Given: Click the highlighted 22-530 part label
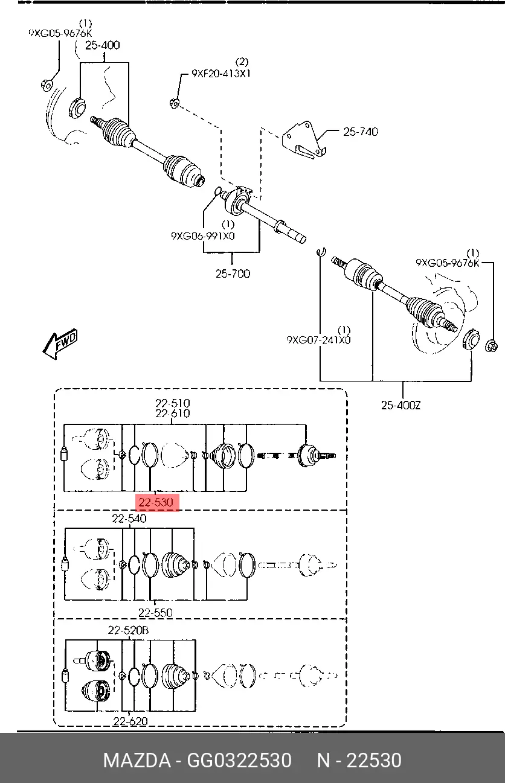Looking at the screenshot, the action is point(156,503).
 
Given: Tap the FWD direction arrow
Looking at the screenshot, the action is point(60,344).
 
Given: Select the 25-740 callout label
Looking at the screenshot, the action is point(361,132).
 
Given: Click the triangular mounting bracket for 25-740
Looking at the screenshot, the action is point(304,140).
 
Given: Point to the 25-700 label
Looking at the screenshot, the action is point(233,273).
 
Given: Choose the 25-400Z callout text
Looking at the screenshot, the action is point(400,406).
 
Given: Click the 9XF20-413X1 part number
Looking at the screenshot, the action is point(221,74).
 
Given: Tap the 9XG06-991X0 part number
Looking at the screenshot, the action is point(203,236).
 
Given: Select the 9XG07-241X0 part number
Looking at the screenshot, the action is point(318,340).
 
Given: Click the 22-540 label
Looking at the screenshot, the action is point(129,519).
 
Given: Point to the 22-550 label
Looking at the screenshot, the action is point(156,613).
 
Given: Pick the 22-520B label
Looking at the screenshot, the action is point(128,630).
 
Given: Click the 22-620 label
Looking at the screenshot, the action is point(130,721).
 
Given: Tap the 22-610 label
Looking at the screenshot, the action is point(173,414).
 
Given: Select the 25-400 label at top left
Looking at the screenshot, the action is point(103,45).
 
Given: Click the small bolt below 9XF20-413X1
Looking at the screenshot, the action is point(174,103).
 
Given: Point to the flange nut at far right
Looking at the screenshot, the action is point(491,346).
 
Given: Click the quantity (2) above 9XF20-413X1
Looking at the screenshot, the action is point(242,62).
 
